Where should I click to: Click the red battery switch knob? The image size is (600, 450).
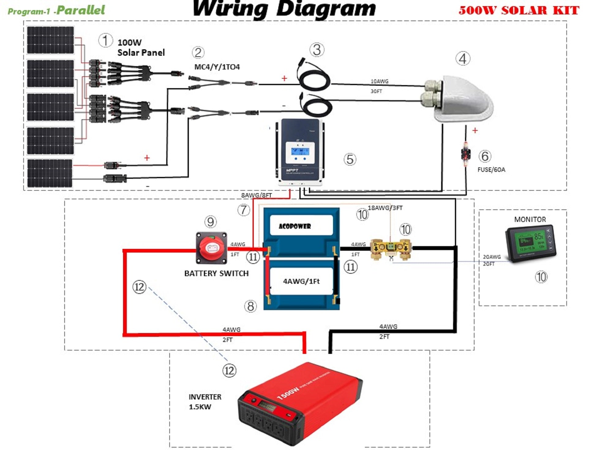211,247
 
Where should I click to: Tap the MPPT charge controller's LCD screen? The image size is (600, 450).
300,152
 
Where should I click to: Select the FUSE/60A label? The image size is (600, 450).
491,170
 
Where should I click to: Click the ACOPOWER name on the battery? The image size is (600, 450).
295,226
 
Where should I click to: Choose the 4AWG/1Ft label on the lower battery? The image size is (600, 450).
301,281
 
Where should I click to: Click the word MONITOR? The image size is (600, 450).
530,219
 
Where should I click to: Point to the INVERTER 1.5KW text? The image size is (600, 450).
204,402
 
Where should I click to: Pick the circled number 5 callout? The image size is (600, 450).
350,159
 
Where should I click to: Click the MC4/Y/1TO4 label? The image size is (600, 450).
217,67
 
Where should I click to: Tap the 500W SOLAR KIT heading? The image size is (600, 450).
519,10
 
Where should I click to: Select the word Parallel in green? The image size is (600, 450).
81,10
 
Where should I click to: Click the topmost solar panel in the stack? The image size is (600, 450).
51,40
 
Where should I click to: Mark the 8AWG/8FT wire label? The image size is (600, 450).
256,195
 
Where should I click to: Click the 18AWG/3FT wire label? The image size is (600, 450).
385,208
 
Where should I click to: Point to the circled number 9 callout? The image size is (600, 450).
210,222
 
